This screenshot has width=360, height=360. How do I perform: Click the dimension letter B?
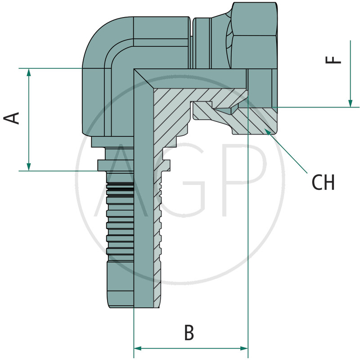tap(189, 333)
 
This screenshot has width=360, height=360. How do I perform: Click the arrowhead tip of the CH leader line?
tap(266, 130)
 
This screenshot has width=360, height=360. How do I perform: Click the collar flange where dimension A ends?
tap(115, 165)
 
